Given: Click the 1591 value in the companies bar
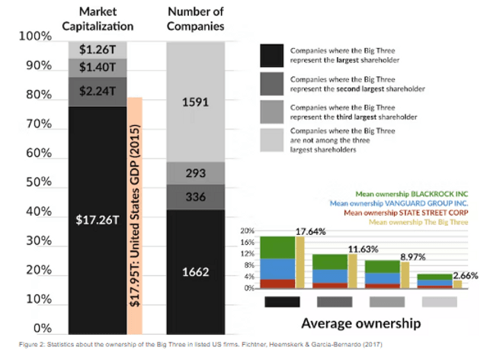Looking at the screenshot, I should coord(195,101).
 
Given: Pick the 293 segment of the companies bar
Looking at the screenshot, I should coord(195,173).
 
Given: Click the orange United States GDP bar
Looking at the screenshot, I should coord(134,214).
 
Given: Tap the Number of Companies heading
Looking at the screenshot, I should coord(195,19).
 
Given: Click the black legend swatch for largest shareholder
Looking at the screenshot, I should coord(271,56).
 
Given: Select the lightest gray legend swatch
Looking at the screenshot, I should coord(271,140).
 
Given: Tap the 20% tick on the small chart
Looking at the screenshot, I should coord(247,230).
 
